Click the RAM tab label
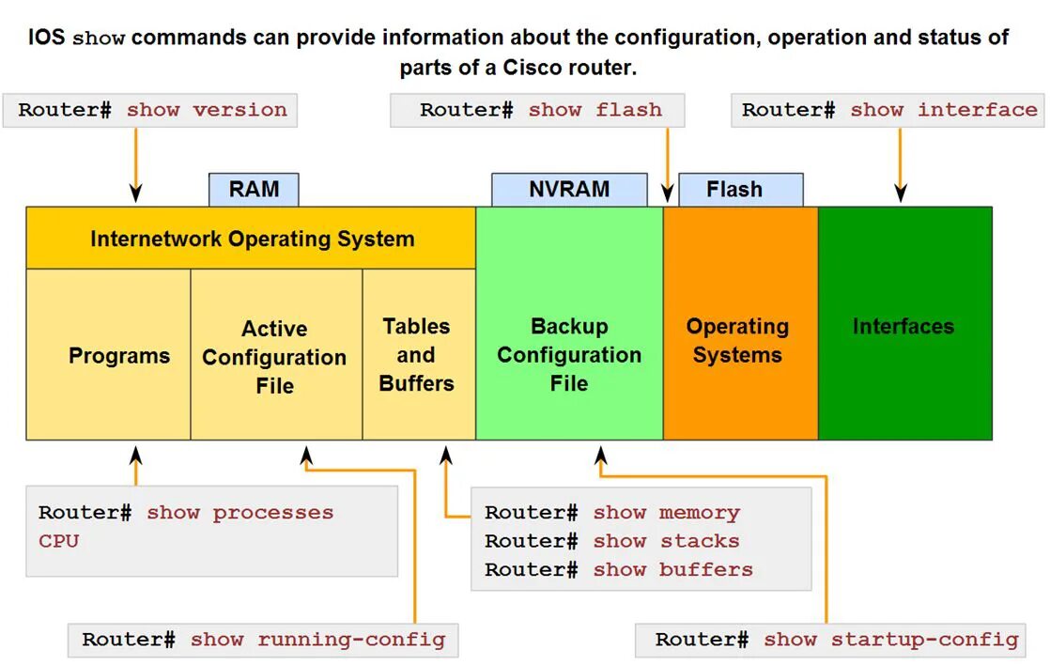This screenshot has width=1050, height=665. (254, 190)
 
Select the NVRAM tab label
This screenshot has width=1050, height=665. (569, 190)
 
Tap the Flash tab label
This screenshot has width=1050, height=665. (739, 190)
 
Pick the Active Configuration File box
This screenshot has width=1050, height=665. (275, 356)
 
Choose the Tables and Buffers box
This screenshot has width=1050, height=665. (418, 354)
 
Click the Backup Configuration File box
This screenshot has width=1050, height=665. (569, 354)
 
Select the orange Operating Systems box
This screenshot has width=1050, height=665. (739, 340)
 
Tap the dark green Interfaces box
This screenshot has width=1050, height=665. (903, 326)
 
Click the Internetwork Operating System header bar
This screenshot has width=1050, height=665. (252, 239)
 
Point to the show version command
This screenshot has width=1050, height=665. (207, 110)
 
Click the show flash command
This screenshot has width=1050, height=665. (594, 110)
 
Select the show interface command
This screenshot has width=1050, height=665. (943, 110)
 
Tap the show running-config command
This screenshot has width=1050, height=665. (317, 640)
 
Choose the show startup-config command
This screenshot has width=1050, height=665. (890, 640)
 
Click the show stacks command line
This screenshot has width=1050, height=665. (666, 541)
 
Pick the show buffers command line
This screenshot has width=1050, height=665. (672, 569)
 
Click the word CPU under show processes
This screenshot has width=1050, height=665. (58, 541)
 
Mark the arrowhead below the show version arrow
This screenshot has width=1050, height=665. (136, 194)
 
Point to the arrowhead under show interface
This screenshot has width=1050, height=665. (901, 194)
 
